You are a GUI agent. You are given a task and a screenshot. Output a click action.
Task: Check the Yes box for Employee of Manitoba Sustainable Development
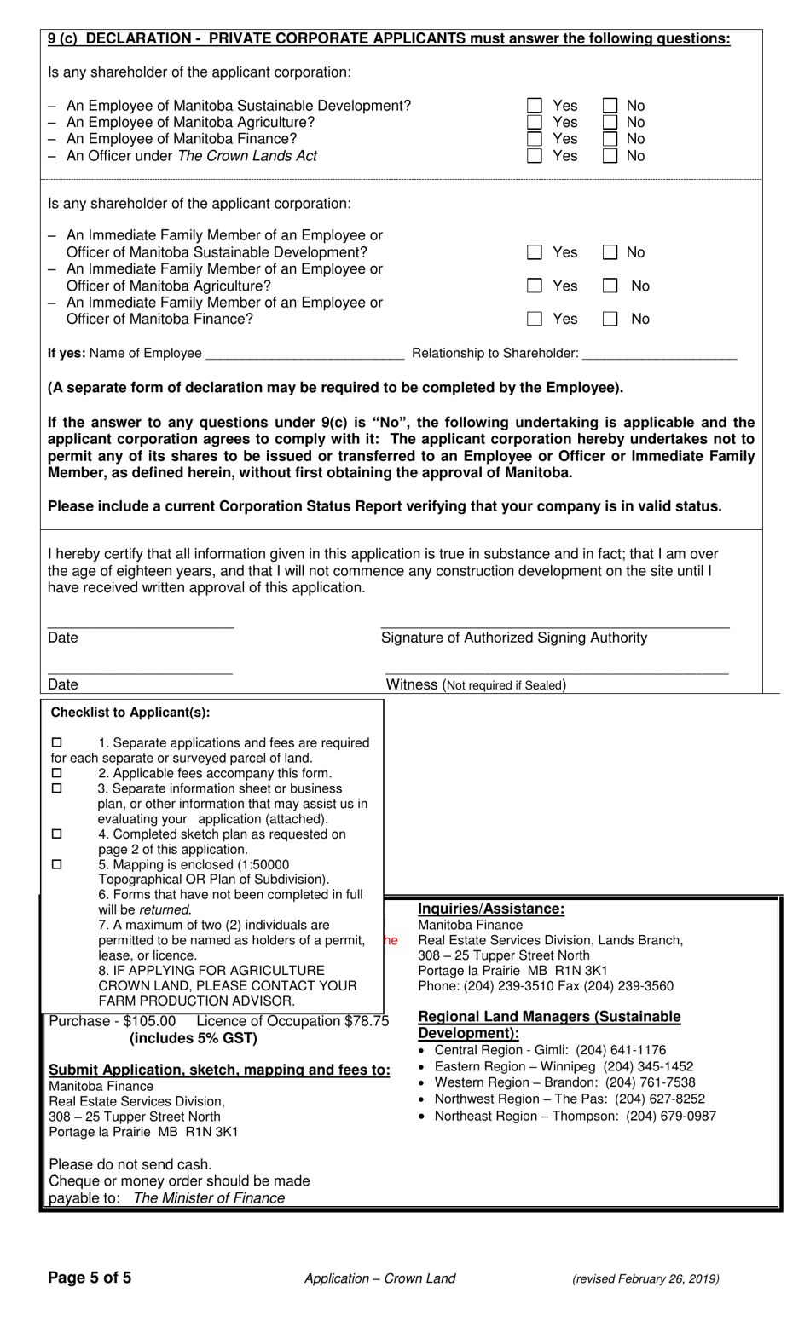coord(535,106)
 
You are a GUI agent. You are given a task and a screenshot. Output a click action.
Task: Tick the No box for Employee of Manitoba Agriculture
coord(610,123)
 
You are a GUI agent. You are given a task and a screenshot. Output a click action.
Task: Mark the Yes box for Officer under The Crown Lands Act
coord(535,156)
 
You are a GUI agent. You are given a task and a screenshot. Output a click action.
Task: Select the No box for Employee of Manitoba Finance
coord(610,139)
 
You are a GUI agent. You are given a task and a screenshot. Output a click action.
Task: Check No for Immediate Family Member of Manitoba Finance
coord(610,320)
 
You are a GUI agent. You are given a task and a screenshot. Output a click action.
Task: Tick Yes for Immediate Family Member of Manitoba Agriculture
coord(535,286)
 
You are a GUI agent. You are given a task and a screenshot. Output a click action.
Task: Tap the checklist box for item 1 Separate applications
coord(57,742)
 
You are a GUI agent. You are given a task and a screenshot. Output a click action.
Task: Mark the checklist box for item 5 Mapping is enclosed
coord(57,864)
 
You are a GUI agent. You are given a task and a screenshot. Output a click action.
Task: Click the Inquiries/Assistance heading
coord(491,909)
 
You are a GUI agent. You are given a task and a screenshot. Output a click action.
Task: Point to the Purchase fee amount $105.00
coord(149,1021)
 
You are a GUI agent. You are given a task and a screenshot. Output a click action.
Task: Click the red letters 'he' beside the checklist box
coord(391,940)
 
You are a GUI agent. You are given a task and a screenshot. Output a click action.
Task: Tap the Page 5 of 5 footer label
coord(90,1278)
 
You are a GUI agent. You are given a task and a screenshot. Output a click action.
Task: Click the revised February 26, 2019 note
coord(645,1278)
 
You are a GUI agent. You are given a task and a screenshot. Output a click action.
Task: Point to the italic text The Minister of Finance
coord(209,1198)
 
